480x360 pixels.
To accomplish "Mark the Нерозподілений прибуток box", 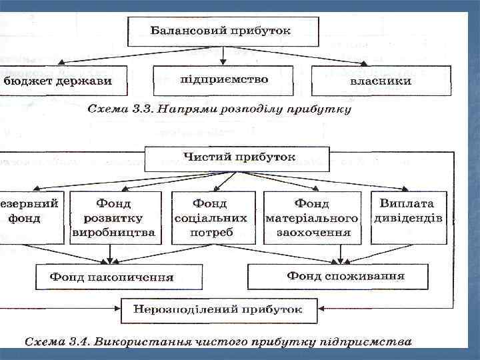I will pos(217,309).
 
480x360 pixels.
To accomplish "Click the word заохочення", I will pos(312,233).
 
